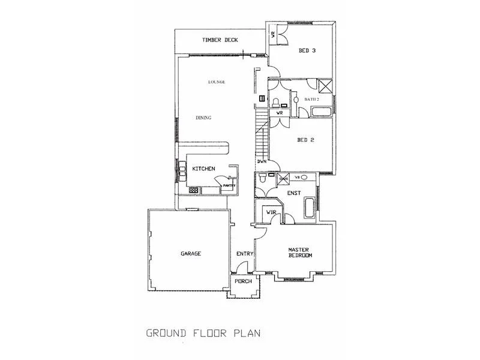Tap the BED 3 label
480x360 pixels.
(307, 51)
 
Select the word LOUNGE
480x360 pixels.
(217, 82)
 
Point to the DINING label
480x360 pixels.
(203, 118)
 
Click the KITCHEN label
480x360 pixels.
(203, 169)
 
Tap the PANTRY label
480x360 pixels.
(228, 186)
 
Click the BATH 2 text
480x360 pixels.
(311, 99)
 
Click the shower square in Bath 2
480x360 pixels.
(325, 85)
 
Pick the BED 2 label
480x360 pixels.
(306, 140)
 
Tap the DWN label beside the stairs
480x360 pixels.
(262, 161)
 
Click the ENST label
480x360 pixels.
(294, 194)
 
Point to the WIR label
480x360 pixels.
(271, 212)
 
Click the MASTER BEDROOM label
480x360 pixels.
(299, 253)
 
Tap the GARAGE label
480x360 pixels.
(191, 254)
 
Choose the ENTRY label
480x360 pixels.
(244, 254)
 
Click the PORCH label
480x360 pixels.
(242, 281)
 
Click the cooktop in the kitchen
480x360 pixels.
(194, 190)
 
